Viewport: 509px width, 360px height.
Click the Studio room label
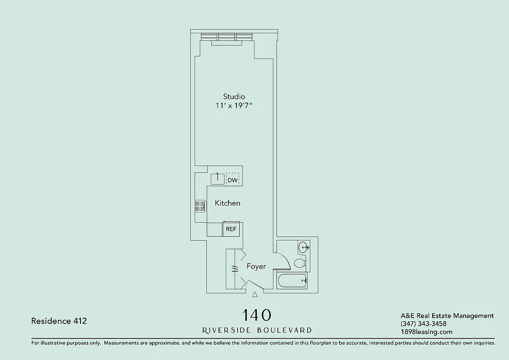click(234, 96)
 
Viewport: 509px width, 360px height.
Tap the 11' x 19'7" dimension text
click(234, 106)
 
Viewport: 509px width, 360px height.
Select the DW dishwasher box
click(232, 180)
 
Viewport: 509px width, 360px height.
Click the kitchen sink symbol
click(218, 179)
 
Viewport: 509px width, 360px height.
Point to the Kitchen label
click(228, 203)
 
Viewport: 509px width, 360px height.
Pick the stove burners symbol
click(200, 206)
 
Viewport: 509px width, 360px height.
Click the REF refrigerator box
click(231, 229)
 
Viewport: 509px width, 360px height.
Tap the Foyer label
click(256, 266)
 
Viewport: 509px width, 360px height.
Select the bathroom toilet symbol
click(300, 262)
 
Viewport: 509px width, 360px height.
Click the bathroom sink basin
click(304, 247)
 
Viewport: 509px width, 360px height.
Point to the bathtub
click(292, 281)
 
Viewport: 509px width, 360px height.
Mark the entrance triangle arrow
click(255, 294)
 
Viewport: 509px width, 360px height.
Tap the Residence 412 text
click(59, 321)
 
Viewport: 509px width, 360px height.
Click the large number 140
click(257, 315)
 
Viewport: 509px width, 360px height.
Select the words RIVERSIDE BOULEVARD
click(257, 330)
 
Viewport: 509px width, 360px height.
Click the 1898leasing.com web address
click(426, 332)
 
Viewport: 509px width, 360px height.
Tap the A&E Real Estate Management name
click(447, 316)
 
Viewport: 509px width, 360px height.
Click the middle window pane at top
click(227, 36)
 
